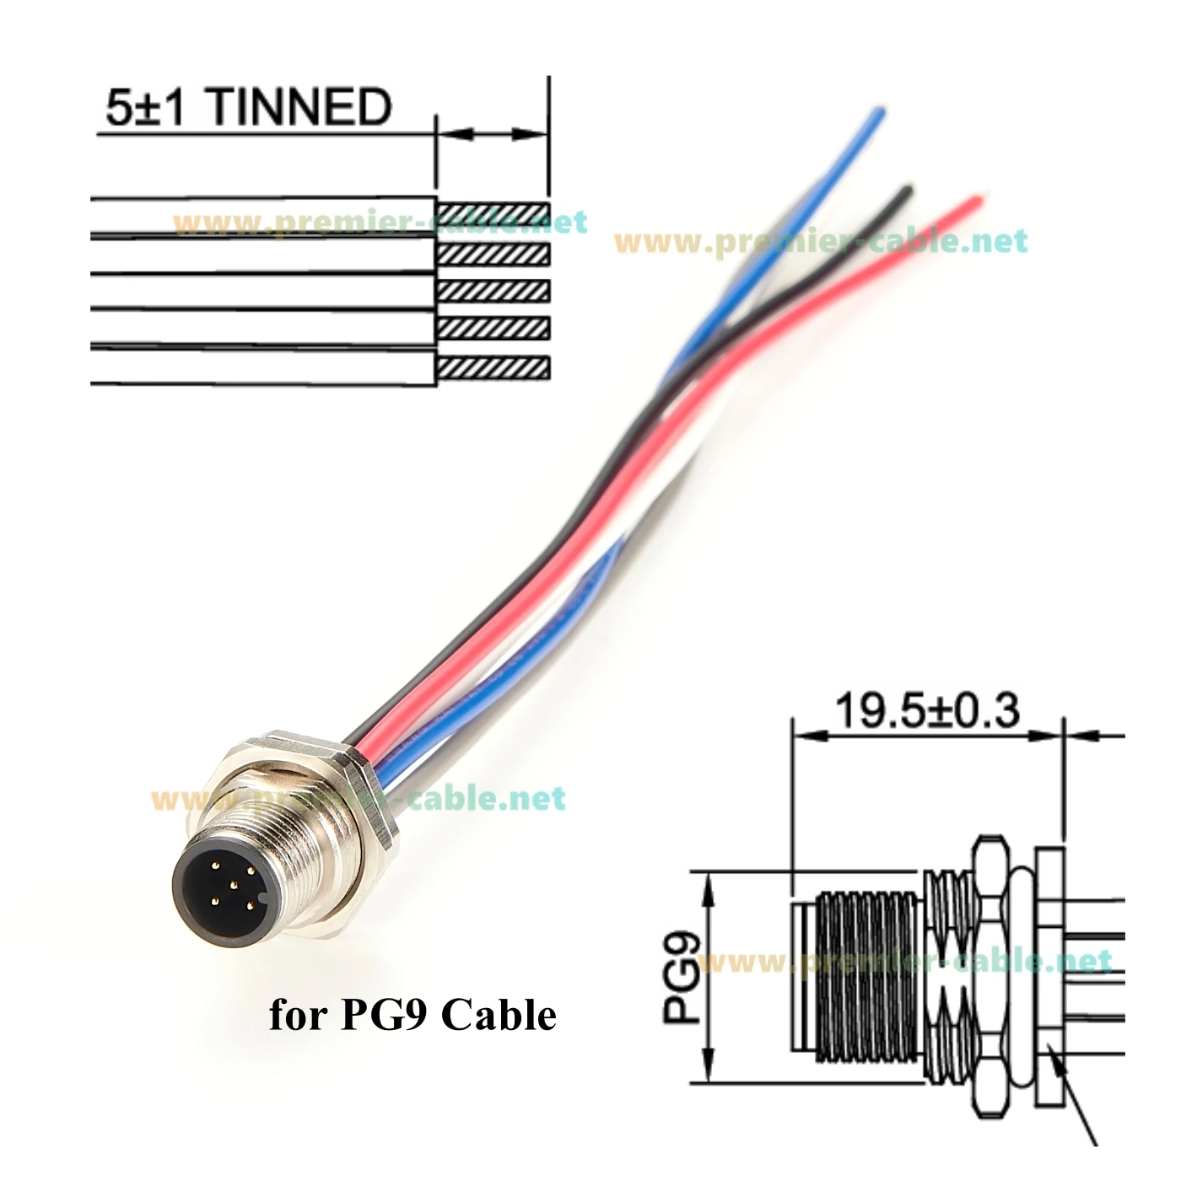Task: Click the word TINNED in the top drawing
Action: [299, 107]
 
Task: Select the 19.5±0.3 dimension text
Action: [927, 711]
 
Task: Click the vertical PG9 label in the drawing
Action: [681, 978]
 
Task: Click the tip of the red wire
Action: [978, 200]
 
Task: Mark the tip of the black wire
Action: [908, 188]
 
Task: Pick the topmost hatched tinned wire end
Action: [493, 211]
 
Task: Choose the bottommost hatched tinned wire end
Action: [493, 368]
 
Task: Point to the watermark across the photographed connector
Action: [359, 798]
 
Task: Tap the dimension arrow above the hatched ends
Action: [493, 134]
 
